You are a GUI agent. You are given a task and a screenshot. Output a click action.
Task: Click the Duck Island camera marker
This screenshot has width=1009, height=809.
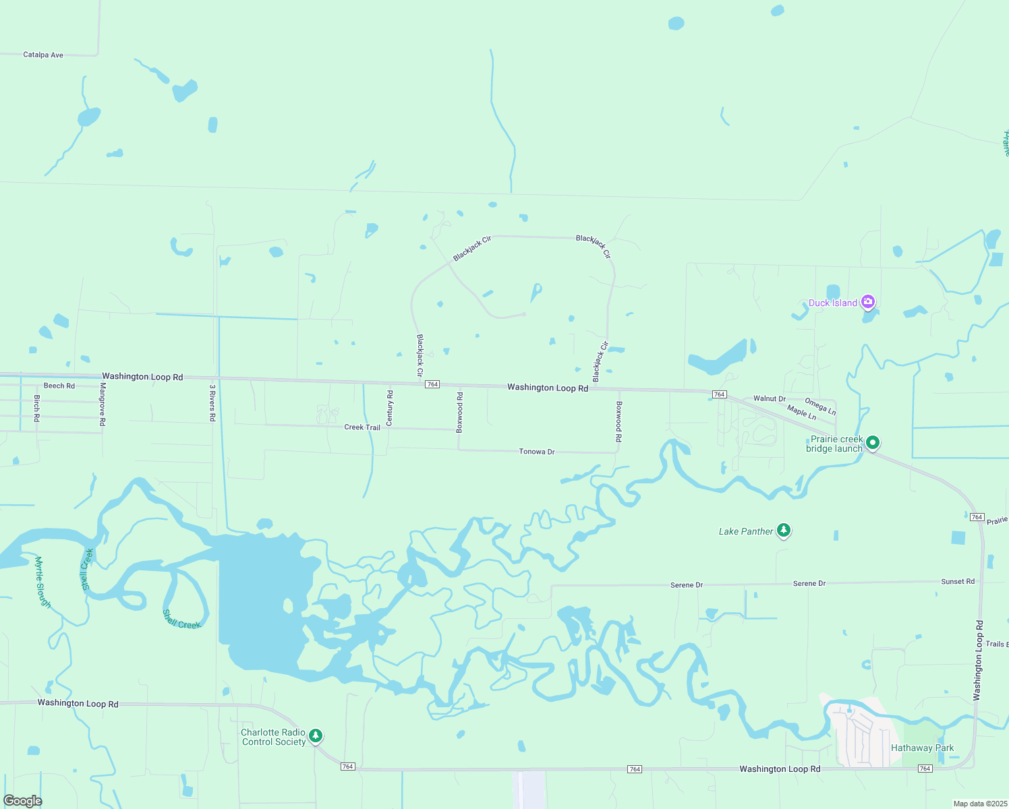tap(869, 302)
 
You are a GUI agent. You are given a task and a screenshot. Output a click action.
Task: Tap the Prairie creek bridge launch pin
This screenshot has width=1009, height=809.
tap(873, 443)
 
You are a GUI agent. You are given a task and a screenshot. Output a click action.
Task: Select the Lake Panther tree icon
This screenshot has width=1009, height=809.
tap(783, 531)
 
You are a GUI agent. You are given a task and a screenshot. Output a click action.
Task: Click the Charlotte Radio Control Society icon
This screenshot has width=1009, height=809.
tap(315, 736)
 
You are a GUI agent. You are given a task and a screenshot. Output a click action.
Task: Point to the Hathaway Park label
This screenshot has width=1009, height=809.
tap(922, 748)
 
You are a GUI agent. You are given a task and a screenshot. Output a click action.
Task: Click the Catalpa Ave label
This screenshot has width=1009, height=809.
tap(43, 55)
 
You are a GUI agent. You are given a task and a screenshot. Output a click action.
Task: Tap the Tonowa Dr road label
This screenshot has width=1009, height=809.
tap(537, 452)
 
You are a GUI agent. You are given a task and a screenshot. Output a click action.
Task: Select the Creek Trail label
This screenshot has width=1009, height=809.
tap(362, 427)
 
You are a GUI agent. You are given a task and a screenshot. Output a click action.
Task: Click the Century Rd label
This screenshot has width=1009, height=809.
tap(390, 408)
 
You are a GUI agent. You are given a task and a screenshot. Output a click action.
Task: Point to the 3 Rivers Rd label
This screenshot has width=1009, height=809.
tap(212, 403)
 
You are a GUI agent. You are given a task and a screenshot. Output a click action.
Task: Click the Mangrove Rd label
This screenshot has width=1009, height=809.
tap(103, 404)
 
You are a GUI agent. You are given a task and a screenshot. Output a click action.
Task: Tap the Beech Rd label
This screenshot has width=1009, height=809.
tap(59, 386)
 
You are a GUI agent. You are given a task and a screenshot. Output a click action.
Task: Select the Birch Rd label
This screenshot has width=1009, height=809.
tap(37, 409)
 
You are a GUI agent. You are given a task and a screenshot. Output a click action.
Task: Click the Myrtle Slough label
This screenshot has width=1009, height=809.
tap(43, 582)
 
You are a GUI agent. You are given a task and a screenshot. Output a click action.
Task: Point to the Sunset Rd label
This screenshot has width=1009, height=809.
tap(958, 581)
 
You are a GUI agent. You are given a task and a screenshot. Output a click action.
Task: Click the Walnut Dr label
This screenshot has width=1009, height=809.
tap(770, 398)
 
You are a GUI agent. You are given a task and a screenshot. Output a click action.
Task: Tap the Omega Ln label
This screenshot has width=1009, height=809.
tap(820, 407)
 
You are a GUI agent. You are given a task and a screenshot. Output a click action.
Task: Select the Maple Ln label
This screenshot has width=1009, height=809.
tap(801, 412)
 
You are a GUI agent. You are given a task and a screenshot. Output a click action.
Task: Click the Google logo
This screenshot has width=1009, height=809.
tap(23, 800)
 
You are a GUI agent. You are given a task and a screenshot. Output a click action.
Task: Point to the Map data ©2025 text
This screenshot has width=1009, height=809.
tap(979, 804)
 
